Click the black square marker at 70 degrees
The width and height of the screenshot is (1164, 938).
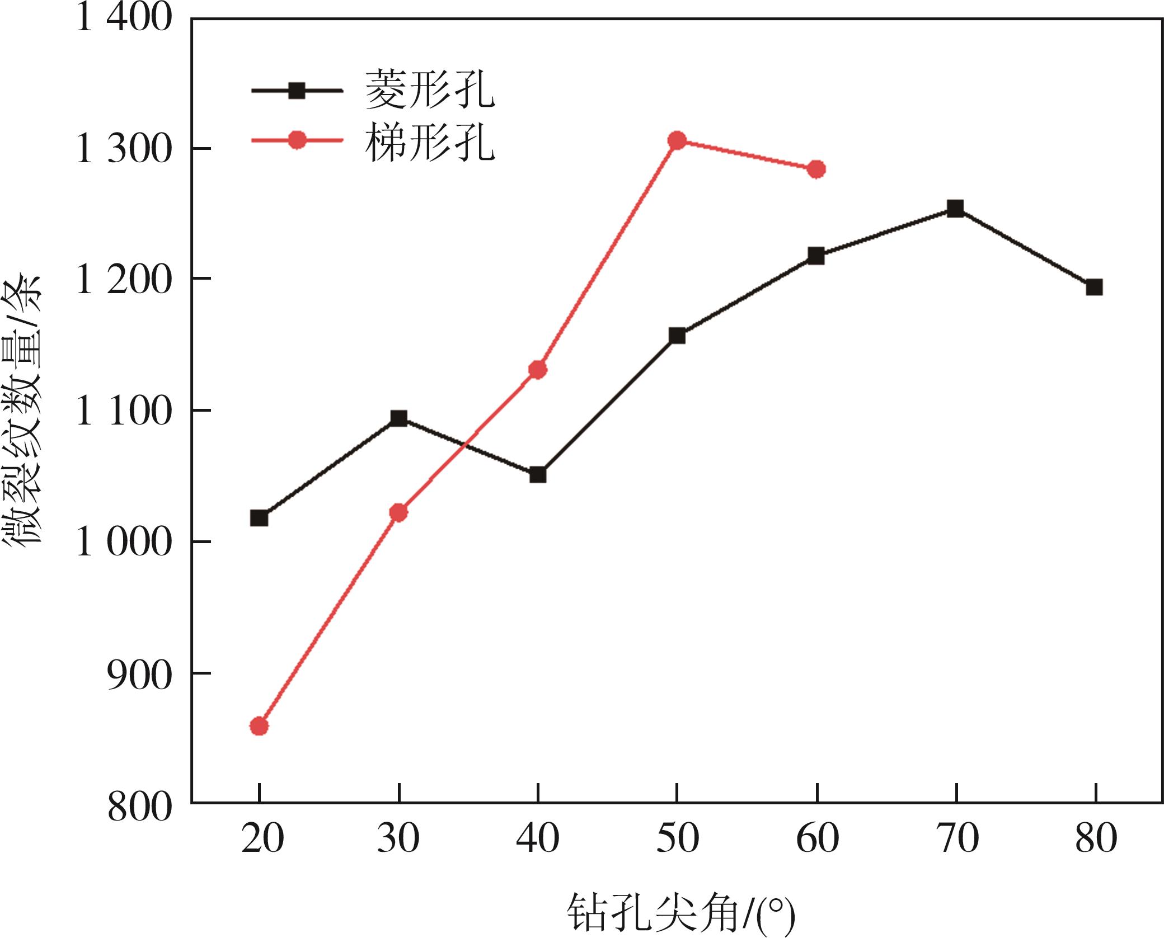coord(955,209)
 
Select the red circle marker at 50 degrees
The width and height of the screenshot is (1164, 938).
coord(677,140)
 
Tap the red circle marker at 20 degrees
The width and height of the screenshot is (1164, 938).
coord(259,727)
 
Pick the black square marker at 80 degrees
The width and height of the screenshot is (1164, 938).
coord(1094,287)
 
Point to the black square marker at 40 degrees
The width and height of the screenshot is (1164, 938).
coord(538,475)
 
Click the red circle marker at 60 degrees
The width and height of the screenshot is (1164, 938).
coord(816,169)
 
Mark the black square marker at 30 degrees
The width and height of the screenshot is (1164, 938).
coord(398,418)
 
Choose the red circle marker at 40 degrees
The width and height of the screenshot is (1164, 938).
coord(538,370)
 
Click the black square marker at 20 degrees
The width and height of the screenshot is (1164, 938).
coord(259,518)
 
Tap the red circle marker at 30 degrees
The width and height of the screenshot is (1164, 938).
coord(398,512)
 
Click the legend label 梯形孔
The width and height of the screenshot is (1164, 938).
coord(430,143)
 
